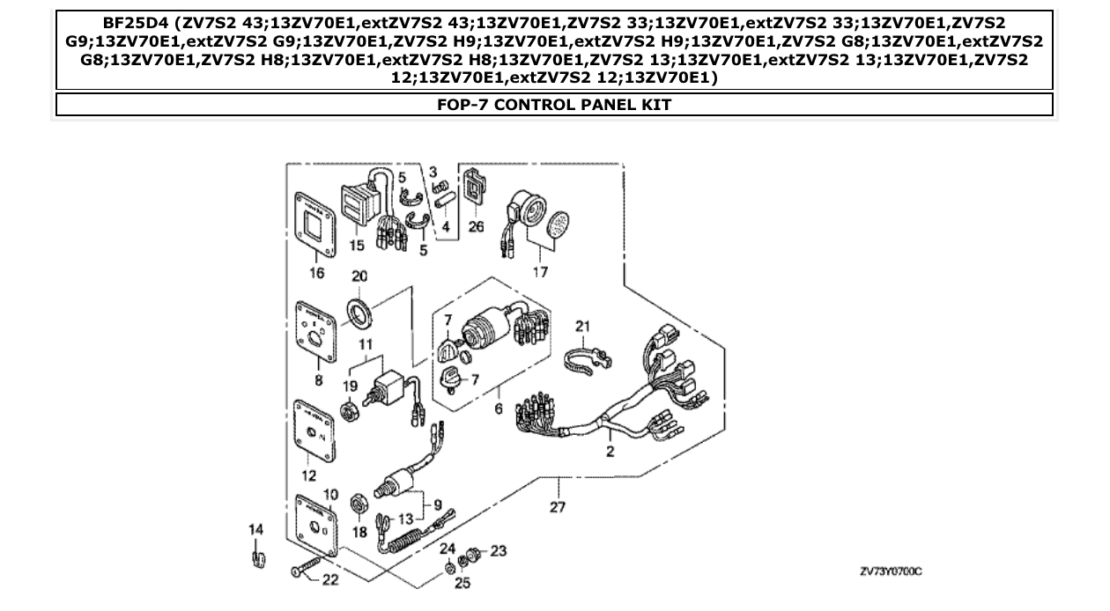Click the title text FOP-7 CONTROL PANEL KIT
[x=554, y=106]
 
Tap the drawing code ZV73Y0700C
[x=890, y=572]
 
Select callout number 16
[x=316, y=274]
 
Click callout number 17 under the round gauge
[x=539, y=272]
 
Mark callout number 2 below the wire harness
[x=610, y=452]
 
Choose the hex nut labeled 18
[x=359, y=505]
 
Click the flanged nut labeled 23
[x=473, y=554]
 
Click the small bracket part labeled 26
[x=474, y=187]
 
